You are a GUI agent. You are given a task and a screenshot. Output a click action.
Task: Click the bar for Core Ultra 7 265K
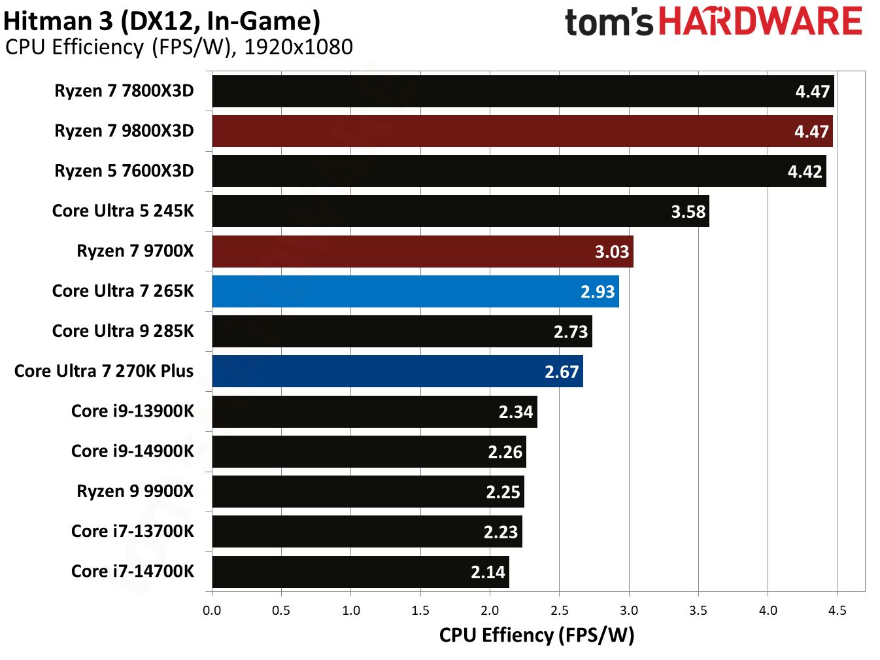[415, 291]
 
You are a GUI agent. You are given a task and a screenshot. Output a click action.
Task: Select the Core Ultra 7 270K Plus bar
[398, 372]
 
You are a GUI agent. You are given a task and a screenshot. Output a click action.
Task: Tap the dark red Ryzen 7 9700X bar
[422, 251]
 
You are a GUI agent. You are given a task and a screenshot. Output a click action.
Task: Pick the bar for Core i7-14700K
[360, 572]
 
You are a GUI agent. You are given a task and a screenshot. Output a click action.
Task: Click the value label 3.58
[688, 212]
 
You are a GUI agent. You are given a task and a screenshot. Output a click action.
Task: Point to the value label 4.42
[805, 172]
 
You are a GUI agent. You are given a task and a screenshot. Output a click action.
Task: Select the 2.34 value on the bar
[516, 412]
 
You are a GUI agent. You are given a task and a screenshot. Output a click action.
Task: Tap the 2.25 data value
[503, 492]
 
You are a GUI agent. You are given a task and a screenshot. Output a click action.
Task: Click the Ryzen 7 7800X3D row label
[124, 91]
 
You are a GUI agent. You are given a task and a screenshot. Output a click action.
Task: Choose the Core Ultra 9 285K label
[123, 331]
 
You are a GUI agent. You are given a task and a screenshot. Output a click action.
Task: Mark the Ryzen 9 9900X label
[135, 491]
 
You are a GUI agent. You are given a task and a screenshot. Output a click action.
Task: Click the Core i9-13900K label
[133, 411]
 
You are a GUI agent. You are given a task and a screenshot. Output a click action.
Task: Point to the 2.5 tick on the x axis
[559, 610]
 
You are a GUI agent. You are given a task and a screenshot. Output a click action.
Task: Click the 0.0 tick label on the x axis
[212, 610]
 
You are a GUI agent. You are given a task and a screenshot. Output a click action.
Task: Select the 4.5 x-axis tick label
[837, 610]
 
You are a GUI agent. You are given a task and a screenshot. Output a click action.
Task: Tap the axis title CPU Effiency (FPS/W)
[537, 635]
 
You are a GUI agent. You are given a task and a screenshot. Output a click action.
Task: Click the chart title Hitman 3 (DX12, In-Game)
[162, 21]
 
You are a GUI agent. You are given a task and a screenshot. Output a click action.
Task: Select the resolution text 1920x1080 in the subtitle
[298, 47]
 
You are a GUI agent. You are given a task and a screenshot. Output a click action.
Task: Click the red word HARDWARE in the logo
[760, 22]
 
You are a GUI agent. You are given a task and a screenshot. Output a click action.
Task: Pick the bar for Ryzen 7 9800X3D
[522, 131]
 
